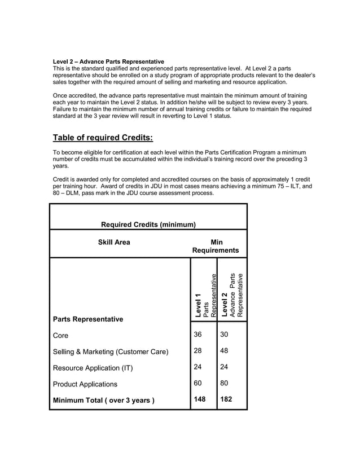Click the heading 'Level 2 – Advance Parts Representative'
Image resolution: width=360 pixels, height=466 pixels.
(108, 61)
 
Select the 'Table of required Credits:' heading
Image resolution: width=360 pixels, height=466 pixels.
(103, 138)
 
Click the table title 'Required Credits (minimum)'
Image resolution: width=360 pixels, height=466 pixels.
(148, 225)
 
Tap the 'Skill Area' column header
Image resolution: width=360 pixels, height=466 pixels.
(113, 243)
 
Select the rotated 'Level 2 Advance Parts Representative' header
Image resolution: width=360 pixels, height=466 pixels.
(232, 296)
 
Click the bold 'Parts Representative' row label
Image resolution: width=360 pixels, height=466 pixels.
(87, 319)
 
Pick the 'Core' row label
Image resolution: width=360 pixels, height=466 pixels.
(60, 336)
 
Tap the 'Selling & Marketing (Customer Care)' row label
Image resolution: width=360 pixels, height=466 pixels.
(110, 352)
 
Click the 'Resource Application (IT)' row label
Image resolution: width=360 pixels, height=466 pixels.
(93, 368)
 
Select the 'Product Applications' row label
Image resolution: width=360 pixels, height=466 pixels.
(85, 384)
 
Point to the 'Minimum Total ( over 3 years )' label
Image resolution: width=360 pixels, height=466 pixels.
(103, 401)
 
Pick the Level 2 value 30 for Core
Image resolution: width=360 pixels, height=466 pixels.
(226, 335)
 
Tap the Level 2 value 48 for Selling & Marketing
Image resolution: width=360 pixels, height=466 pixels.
(226, 351)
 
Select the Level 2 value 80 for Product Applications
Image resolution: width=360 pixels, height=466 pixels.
(226, 383)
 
